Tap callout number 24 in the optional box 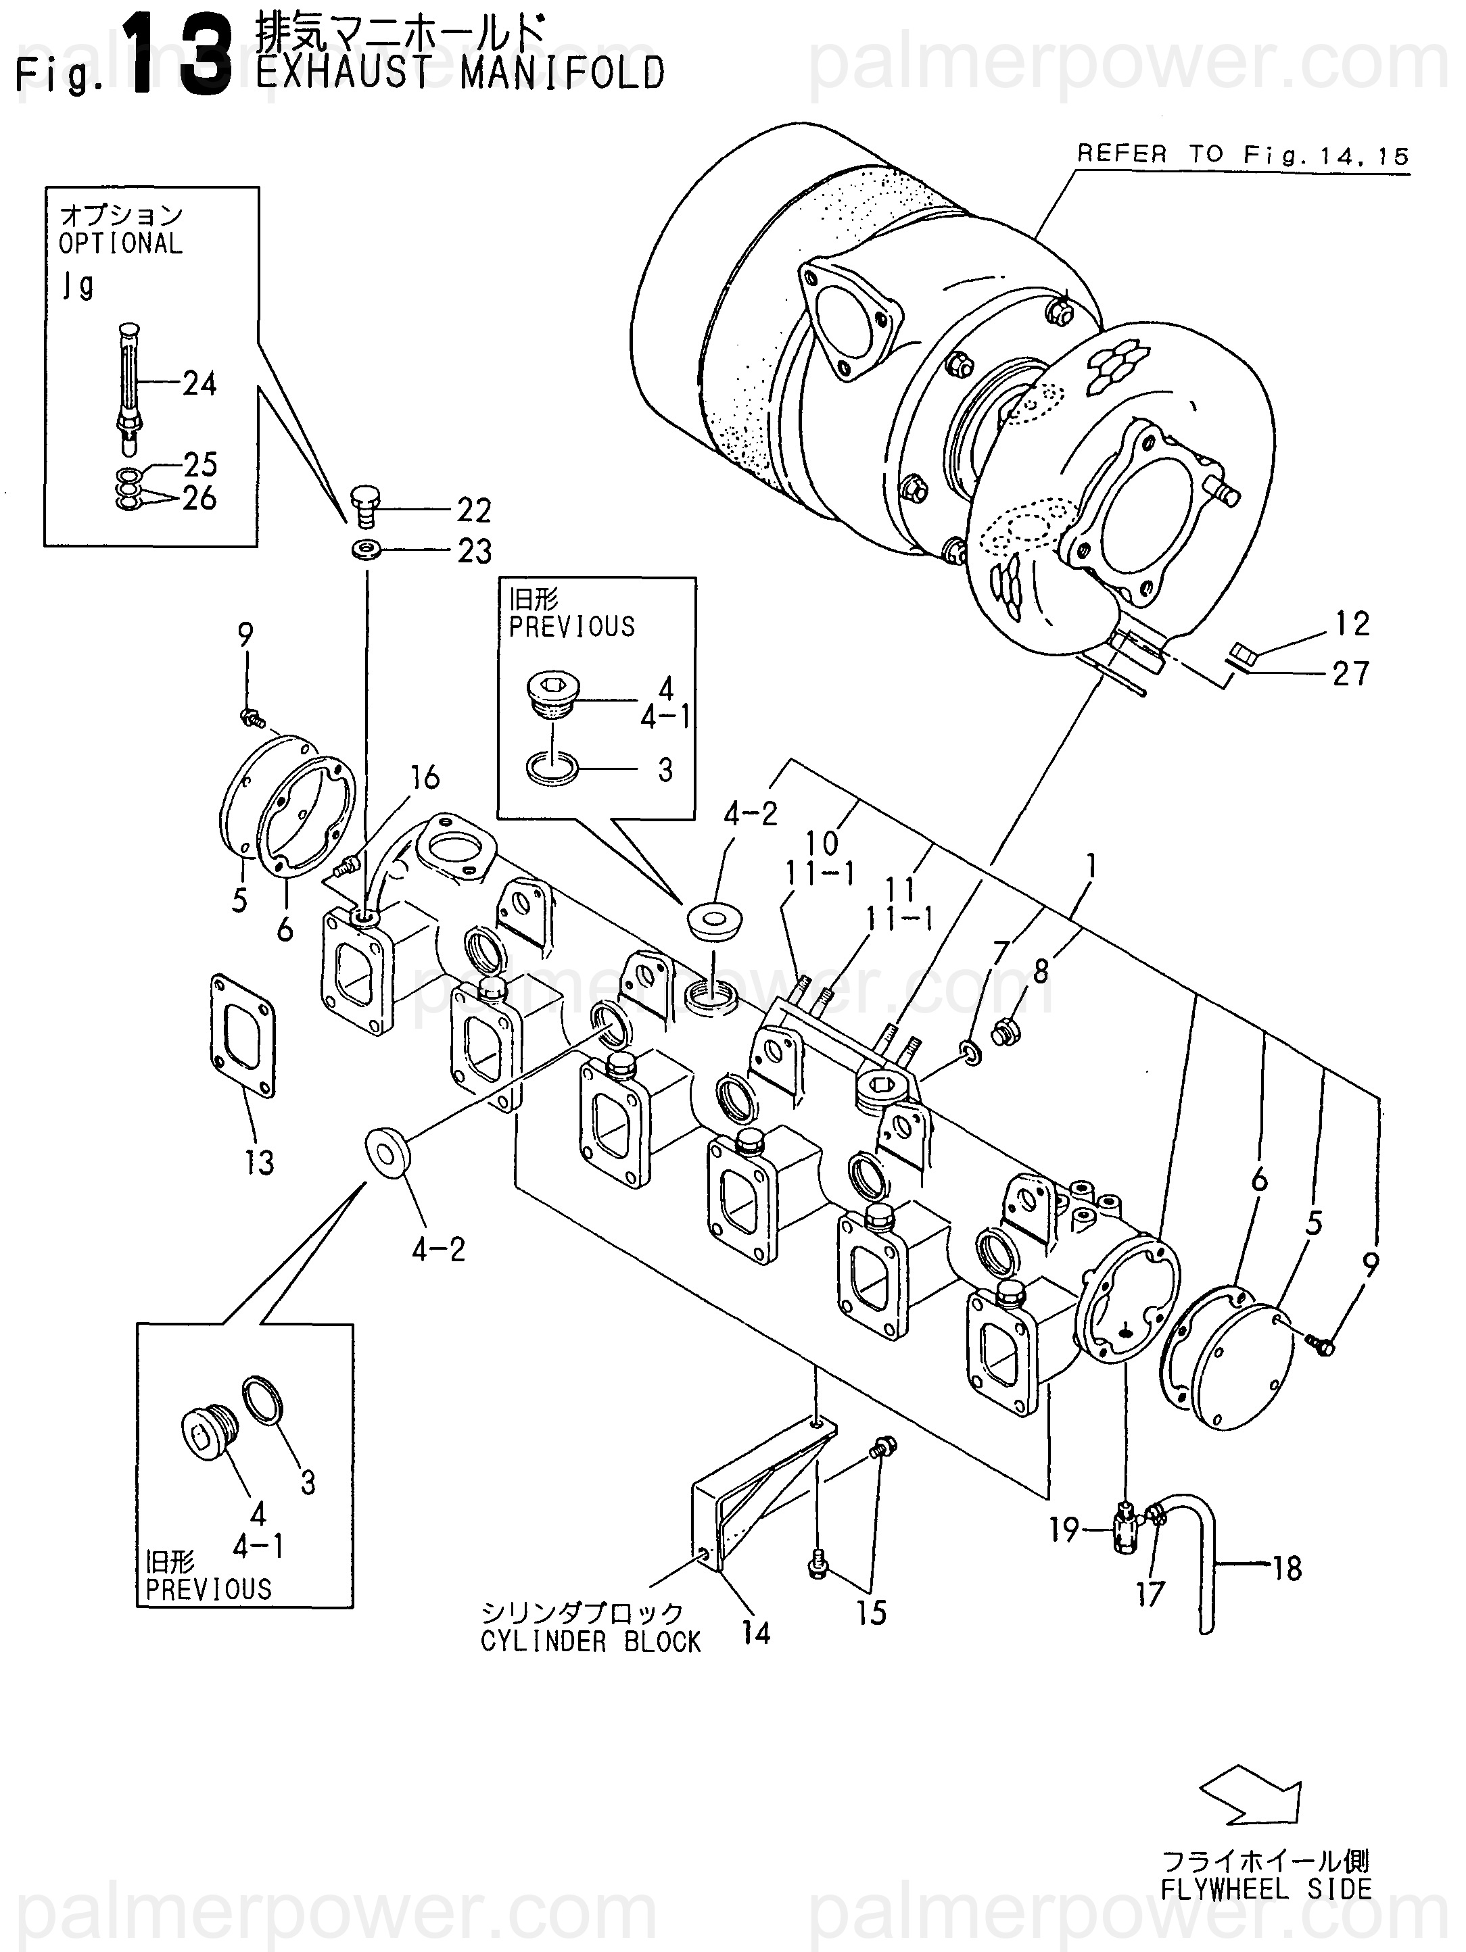(199, 384)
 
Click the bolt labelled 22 (364, 506)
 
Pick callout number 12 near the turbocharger (1351, 624)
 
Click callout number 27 (1350, 673)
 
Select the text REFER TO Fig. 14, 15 (1242, 155)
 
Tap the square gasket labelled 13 (243, 1035)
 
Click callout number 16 (424, 777)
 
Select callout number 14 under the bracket (755, 1634)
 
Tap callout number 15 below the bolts (870, 1613)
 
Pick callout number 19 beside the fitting (1064, 1530)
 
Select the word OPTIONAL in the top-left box (120, 243)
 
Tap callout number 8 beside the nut (1041, 971)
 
